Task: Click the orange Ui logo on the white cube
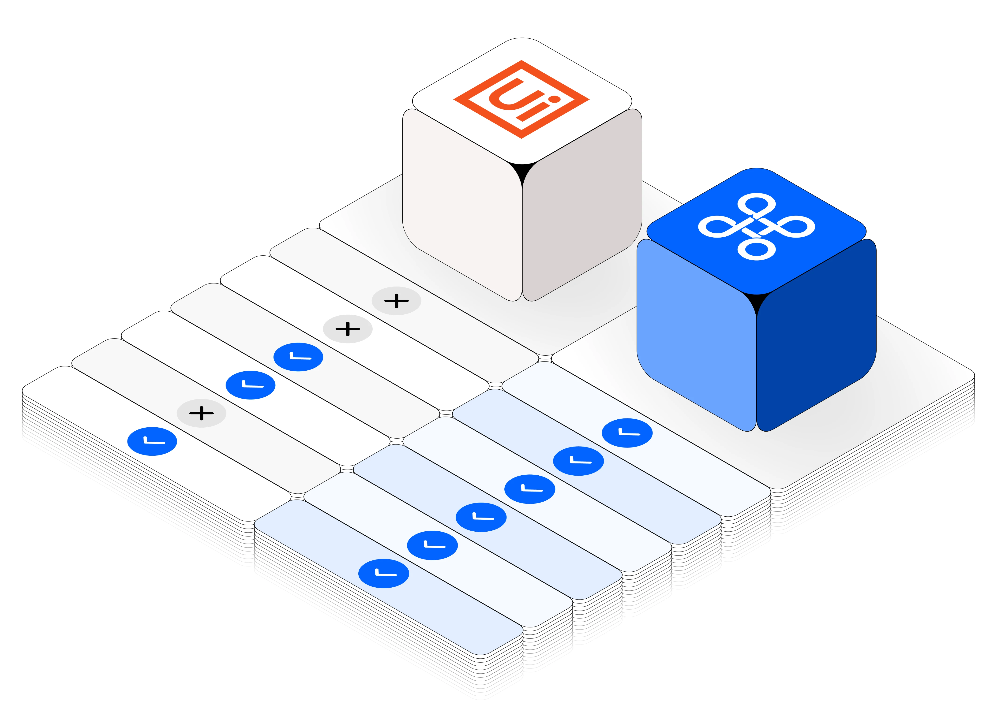pos(522,100)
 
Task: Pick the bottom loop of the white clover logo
pos(757,250)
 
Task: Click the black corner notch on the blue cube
pos(757,301)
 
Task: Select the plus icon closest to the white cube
pos(396,301)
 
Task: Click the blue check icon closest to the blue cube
pos(627,433)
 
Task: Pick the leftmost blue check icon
pos(152,441)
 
